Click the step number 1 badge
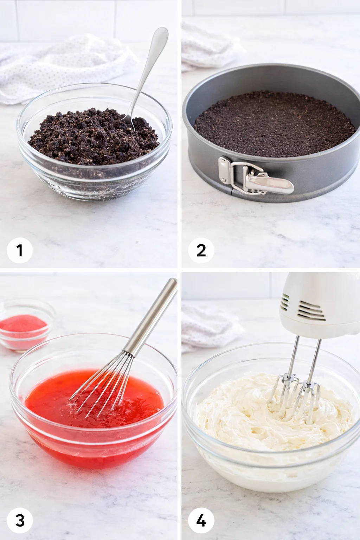tap(20, 251)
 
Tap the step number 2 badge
tap(201, 251)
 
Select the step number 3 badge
tap(20, 520)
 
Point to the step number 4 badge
tap(201, 520)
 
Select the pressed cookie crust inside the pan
tap(274, 123)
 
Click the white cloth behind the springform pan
tap(207, 46)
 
